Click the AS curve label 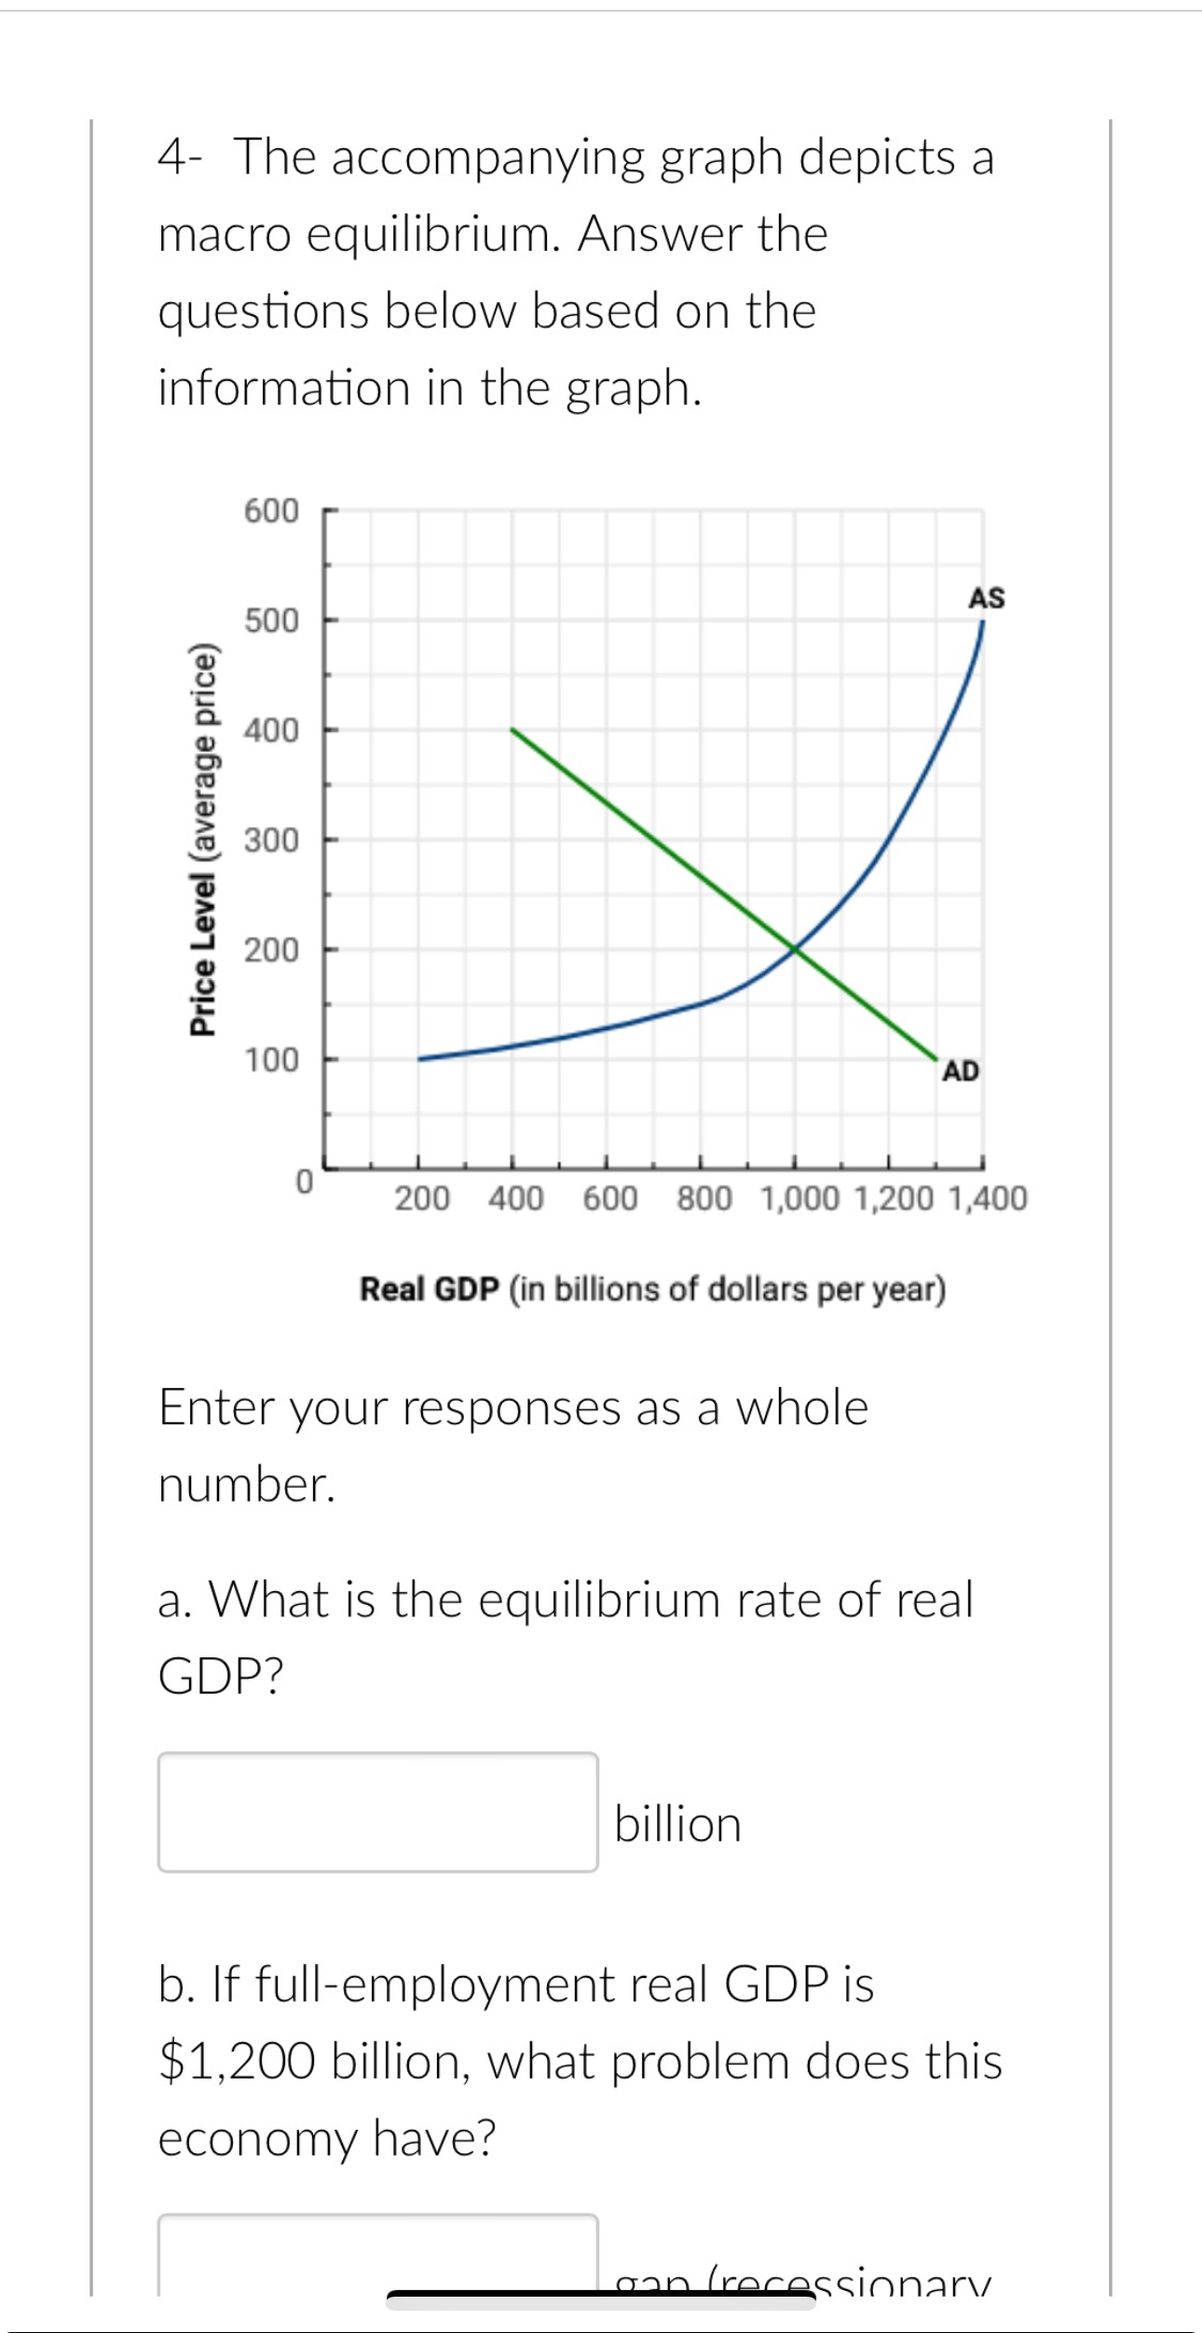[986, 598]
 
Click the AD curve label [961, 1072]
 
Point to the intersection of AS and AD [794, 949]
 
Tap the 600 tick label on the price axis [271, 511]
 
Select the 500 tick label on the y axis [271, 620]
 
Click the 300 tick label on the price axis [271, 840]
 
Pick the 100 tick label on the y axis [271, 1060]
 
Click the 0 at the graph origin [303, 1181]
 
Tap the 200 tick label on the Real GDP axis [422, 1199]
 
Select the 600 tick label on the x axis [610, 1199]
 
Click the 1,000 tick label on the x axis [800, 1199]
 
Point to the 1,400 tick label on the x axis [988, 1199]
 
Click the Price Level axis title [203, 839]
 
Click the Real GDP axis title [652, 1290]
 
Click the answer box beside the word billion [377, 1812]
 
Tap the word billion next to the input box [677, 1824]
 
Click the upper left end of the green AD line [512, 730]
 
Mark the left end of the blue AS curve [420, 1059]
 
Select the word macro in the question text [225, 235]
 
